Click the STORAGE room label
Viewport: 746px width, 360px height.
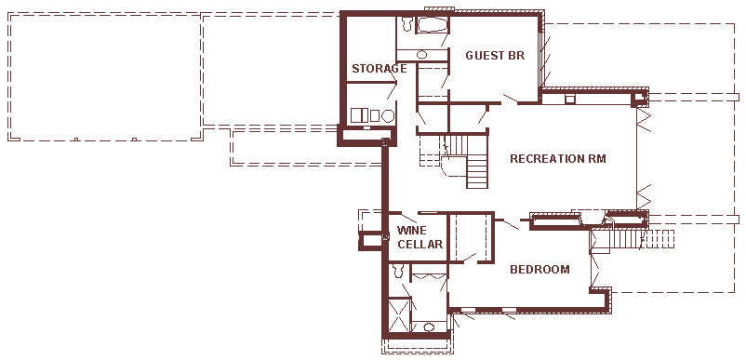coord(380,69)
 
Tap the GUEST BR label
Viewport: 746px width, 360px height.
coord(495,56)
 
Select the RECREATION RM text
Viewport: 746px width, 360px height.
coord(557,158)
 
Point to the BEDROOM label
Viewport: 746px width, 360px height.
coord(540,270)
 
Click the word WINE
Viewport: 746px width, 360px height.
coord(412,231)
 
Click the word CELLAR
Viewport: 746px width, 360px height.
coord(420,245)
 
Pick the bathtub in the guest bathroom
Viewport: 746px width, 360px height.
coord(432,25)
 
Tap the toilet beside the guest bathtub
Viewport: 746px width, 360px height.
coord(406,24)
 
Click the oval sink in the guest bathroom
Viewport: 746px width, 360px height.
coord(421,55)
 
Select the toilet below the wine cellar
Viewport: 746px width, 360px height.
coord(398,271)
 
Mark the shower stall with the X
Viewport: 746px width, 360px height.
coord(399,314)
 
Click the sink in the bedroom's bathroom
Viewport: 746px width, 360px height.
coord(429,327)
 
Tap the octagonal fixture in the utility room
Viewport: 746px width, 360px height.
coord(388,115)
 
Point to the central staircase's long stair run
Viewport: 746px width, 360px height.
coord(477,172)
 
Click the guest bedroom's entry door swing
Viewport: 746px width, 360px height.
coord(510,99)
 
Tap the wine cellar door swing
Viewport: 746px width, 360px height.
coord(409,218)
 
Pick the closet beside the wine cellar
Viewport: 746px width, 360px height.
coord(470,237)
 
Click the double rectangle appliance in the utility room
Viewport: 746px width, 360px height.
coord(360,115)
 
